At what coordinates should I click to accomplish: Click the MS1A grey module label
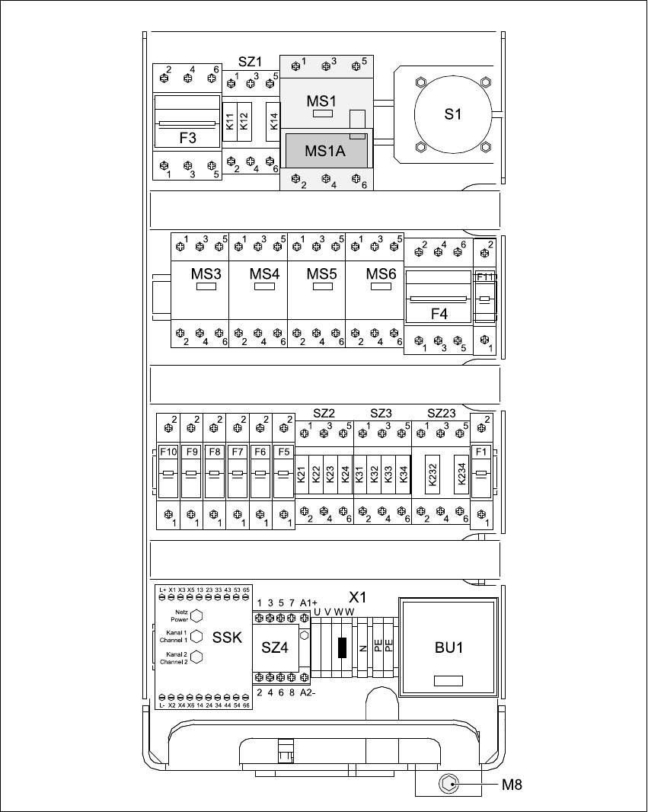pos(325,151)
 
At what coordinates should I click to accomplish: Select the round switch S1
pos(454,115)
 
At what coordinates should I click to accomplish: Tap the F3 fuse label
pos(187,139)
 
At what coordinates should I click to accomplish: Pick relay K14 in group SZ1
pos(274,120)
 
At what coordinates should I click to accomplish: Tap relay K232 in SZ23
pos(432,475)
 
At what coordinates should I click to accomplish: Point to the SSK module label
pos(228,638)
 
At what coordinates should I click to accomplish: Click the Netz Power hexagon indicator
pos(196,615)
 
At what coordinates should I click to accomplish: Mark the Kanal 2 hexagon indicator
pos(196,657)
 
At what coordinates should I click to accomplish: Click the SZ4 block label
pos(275,647)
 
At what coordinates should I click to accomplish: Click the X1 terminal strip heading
pos(358,595)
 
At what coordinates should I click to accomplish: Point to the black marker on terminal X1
pos(342,647)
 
